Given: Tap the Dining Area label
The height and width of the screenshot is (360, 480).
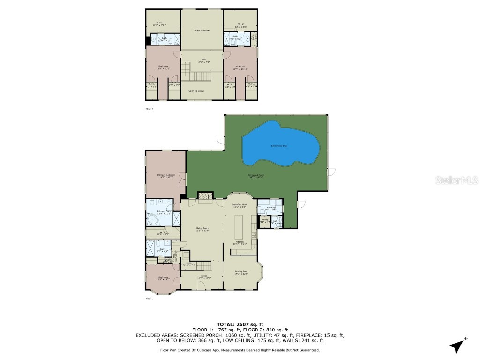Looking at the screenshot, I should [241, 273].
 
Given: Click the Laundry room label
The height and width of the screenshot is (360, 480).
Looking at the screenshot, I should [270, 208].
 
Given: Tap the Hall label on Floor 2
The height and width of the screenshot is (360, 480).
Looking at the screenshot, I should [202, 60].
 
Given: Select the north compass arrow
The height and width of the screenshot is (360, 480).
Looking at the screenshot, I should [457, 345].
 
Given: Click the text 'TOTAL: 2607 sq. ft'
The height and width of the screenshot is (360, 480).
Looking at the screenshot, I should [240, 324].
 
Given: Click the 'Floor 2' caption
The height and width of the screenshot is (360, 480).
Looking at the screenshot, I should [149, 109].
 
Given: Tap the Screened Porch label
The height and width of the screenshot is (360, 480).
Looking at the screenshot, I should [256, 176].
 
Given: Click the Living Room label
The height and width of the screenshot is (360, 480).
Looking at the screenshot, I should [202, 229].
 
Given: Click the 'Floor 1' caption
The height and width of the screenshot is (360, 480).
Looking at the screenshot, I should [149, 298].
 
